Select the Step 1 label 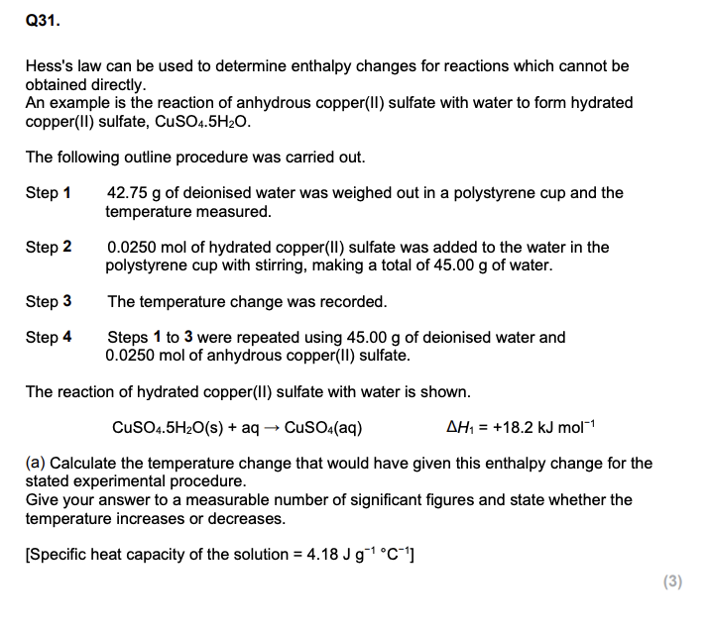(x=48, y=193)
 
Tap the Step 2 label (x=48, y=248)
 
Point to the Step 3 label (x=48, y=301)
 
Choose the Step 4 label (x=48, y=338)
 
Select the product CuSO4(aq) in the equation (x=323, y=428)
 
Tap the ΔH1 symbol (x=458, y=428)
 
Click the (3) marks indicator (x=672, y=581)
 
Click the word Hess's (x=52, y=66)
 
